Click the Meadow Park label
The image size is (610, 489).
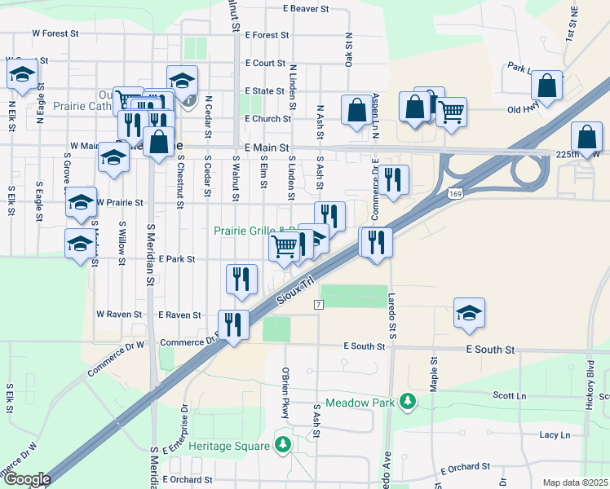360,403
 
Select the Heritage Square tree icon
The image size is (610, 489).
282,446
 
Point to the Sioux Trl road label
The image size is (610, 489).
295,290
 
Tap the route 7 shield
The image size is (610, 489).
319,304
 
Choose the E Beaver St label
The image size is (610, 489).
306,9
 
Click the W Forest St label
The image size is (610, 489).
55,34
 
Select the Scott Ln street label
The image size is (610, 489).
510,396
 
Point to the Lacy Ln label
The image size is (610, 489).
555,435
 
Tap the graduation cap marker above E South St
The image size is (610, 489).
469,314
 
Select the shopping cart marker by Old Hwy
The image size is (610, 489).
451,111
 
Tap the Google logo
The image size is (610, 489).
26,479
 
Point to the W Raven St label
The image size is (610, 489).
119,314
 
